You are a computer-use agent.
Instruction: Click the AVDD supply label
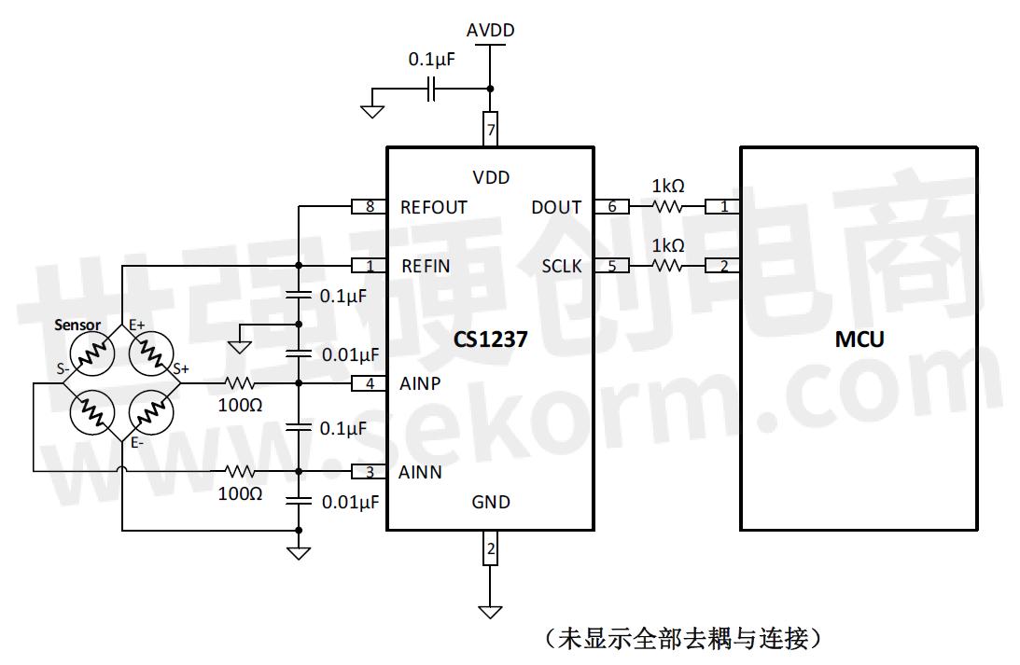point(490,30)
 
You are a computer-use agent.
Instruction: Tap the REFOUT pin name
point(433,207)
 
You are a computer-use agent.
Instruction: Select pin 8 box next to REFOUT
point(370,207)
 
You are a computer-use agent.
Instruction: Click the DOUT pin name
point(556,207)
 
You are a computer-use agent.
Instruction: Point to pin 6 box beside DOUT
point(612,207)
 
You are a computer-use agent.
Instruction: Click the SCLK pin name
point(562,267)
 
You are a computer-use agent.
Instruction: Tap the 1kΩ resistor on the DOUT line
point(667,207)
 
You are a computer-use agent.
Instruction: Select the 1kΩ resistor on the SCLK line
point(667,267)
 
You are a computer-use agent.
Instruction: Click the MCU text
point(859,339)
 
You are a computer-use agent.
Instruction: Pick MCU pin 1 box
point(723,207)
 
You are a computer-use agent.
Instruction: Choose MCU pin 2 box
point(723,267)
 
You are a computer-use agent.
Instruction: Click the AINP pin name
point(422,383)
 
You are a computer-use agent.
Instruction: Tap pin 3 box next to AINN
point(370,472)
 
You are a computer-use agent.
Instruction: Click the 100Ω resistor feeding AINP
point(239,383)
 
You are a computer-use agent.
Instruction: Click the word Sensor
point(77,325)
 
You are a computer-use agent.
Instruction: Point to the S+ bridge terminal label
point(179,369)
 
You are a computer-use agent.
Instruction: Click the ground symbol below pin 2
point(490,612)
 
